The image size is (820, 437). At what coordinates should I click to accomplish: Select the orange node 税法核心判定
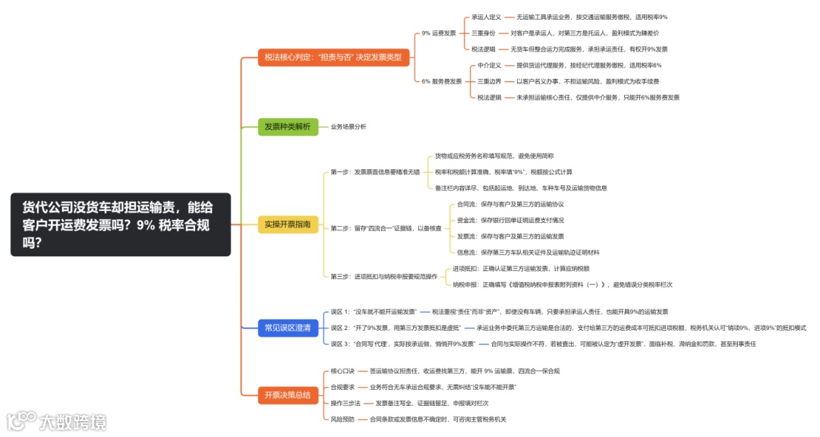pos(335,57)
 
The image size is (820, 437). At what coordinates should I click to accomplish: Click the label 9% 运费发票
pos(439,33)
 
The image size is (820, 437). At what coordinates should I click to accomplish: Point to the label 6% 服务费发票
pos(441,81)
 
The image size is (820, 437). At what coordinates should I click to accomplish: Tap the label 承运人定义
pos(486,17)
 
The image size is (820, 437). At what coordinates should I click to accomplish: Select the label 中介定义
pos(489,65)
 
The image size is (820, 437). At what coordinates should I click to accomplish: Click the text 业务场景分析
pos(348,127)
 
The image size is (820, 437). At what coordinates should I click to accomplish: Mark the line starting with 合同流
pos(510,204)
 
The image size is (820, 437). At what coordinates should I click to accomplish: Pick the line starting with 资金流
pos(510,220)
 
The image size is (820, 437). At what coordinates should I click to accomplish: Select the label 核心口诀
pos(342,371)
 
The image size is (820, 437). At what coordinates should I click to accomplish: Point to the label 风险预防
pos(342,419)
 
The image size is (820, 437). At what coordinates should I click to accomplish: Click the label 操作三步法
pos(345,403)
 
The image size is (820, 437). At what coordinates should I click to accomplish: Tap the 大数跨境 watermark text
pos(73,421)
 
